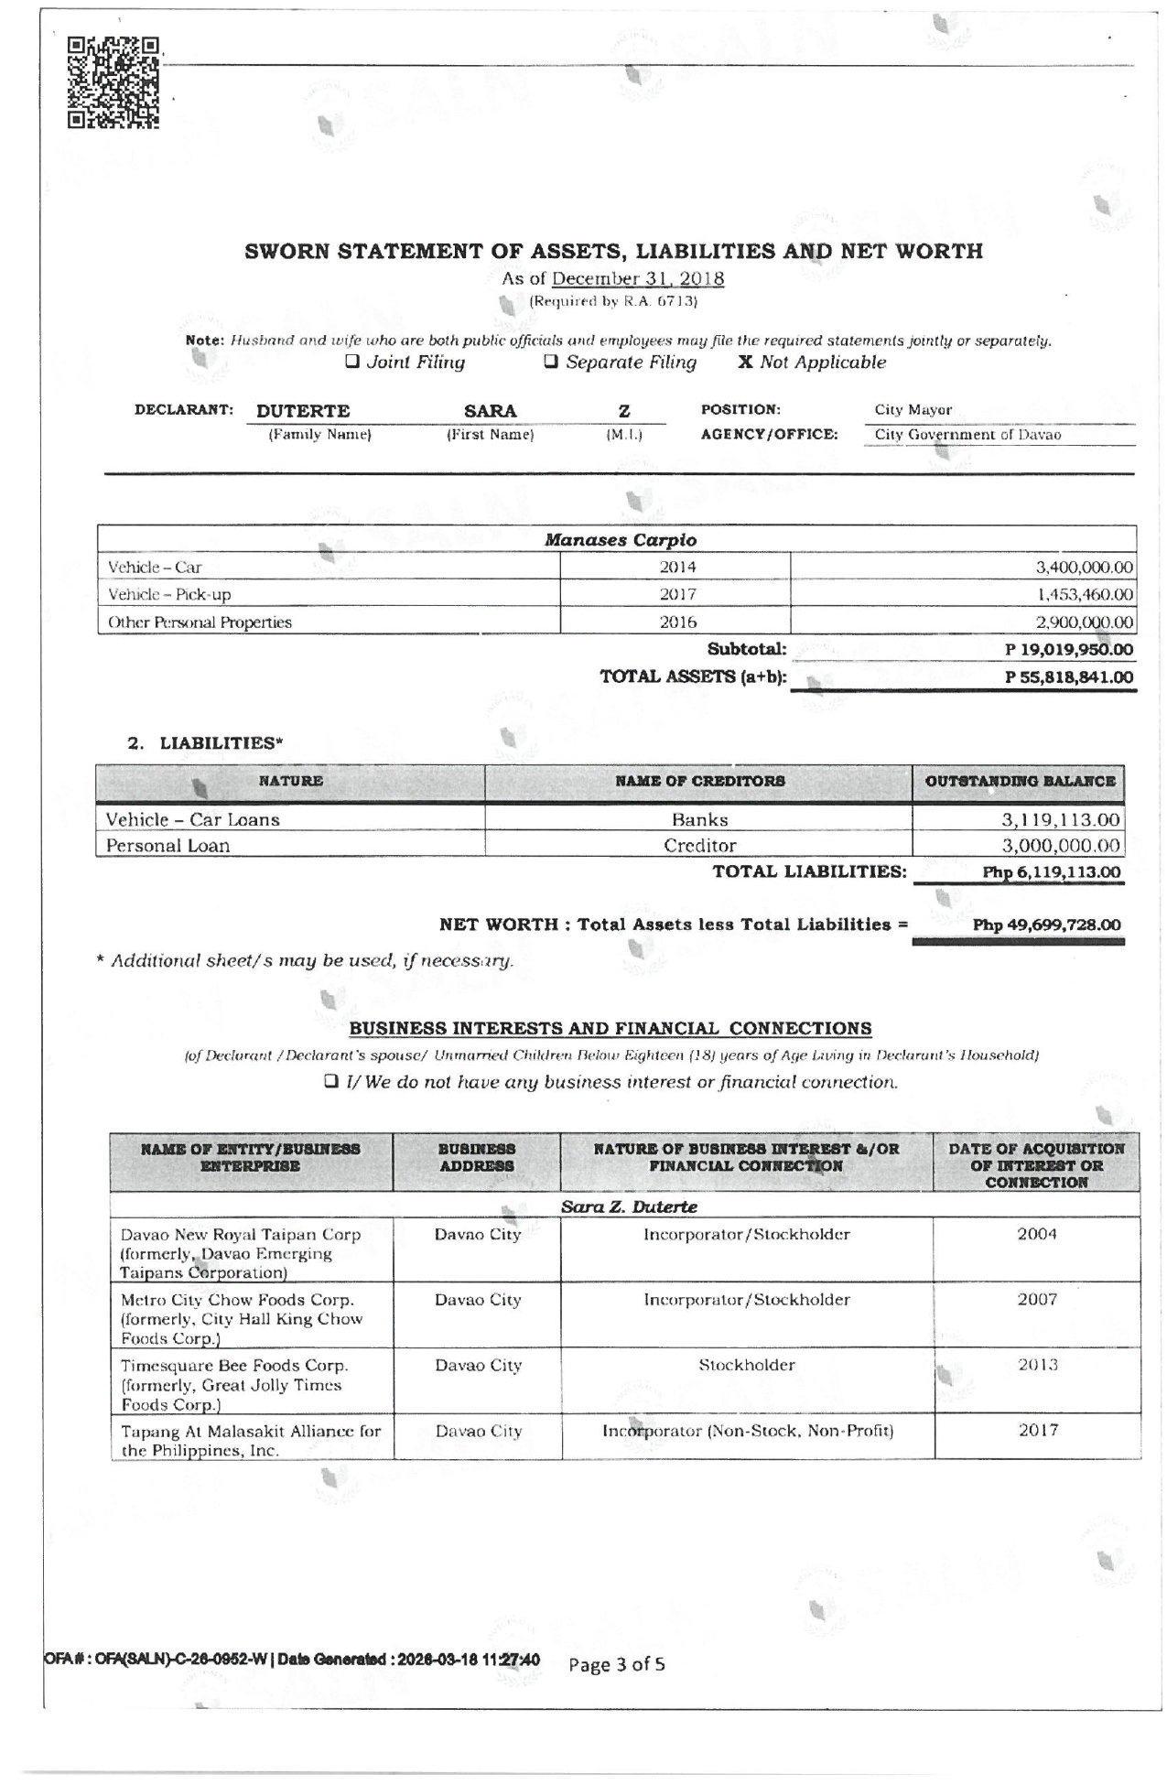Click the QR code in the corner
click(x=114, y=81)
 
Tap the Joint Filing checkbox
click(x=351, y=362)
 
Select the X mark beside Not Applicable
click(x=746, y=362)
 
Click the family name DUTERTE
click(x=303, y=411)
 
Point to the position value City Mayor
click(x=913, y=410)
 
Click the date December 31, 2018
click(x=637, y=279)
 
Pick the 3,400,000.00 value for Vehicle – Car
click(x=1084, y=568)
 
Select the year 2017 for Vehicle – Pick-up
click(x=677, y=595)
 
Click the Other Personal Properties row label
click(x=200, y=622)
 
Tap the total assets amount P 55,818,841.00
click(x=1068, y=677)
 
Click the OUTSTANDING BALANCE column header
click(x=1020, y=782)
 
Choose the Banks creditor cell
click(x=699, y=820)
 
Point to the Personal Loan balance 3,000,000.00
click(x=1060, y=846)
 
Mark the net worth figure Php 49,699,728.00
click(x=1046, y=925)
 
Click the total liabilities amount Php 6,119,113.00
click(x=1051, y=872)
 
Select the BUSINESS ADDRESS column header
click(x=476, y=1158)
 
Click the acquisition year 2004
click(x=1036, y=1234)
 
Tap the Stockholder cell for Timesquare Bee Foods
click(x=747, y=1365)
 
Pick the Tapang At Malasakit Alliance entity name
click(x=251, y=1440)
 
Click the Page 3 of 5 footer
click(x=617, y=1664)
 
